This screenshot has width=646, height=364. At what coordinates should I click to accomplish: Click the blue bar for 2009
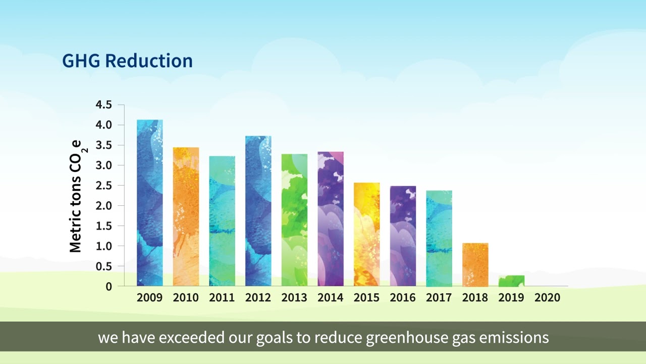pyautogui.click(x=150, y=202)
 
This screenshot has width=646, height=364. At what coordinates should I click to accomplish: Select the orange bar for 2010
pyautogui.click(x=186, y=217)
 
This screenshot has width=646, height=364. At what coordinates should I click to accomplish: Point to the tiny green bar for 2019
pyautogui.click(x=512, y=281)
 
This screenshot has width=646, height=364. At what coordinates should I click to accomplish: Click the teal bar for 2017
pyautogui.click(x=439, y=238)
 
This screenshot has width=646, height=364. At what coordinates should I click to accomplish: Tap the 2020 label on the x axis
pyautogui.click(x=548, y=298)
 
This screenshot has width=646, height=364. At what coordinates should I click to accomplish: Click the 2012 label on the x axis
pyautogui.click(x=258, y=298)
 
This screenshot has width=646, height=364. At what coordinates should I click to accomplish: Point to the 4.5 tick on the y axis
pyautogui.click(x=103, y=105)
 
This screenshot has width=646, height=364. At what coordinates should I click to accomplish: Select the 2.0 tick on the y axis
pyautogui.click(x=103, y=206)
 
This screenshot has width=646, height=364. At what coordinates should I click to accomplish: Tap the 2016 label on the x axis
pyautogui.click(x=403, y=298)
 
